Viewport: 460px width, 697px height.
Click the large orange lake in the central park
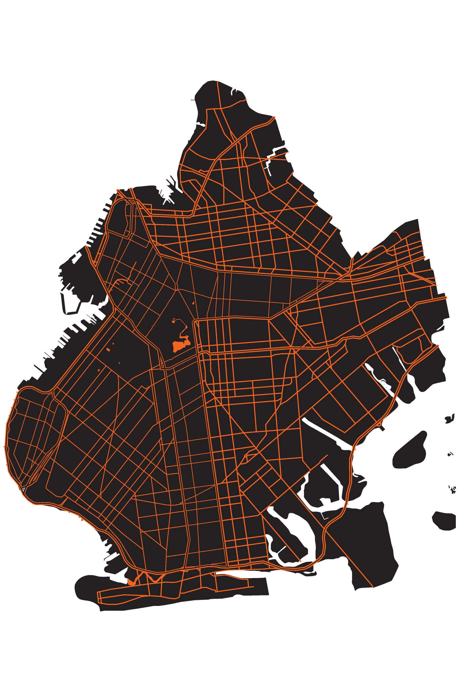pyautogui.click(x=178, y=347)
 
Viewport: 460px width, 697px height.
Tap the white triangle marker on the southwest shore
pyautogui.click(x=23, y=489)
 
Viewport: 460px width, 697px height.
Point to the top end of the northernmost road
pyautogui.click(x=217, y=82)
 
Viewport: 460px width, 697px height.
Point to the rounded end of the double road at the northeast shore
pyautogui.click(x=275, y=117)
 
